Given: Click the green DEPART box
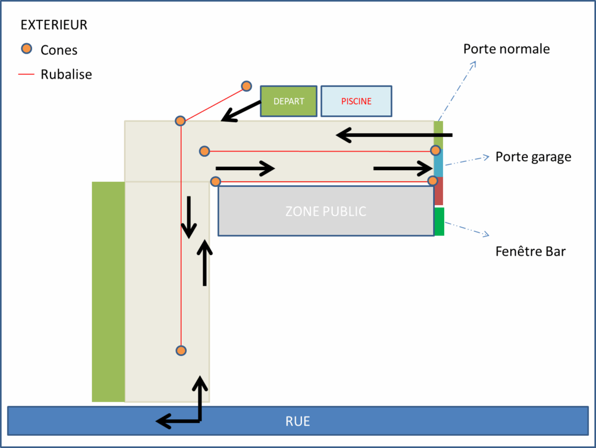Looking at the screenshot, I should (289, 101).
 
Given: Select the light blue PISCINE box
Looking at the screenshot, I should (356, 101).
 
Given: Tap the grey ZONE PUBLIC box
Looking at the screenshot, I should (326, 211).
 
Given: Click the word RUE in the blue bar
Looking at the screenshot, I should (297, 421).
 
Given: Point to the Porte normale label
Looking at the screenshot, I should (506, 49).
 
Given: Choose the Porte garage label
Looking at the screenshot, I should (533, 157).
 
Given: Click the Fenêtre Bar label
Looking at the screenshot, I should (531, 252).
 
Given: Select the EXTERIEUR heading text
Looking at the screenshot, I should (54, 25).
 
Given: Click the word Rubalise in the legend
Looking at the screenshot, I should (66, 75).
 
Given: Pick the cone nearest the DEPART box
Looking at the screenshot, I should (246, 86).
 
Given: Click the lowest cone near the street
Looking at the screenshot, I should (181, 350).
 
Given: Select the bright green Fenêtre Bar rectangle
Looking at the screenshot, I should (439, 221).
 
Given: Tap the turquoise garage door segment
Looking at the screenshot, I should (439, 162).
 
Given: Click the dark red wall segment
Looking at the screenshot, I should (439, 191).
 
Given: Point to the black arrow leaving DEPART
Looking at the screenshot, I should (241, 111).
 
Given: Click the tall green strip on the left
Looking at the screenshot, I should (108, 291).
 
